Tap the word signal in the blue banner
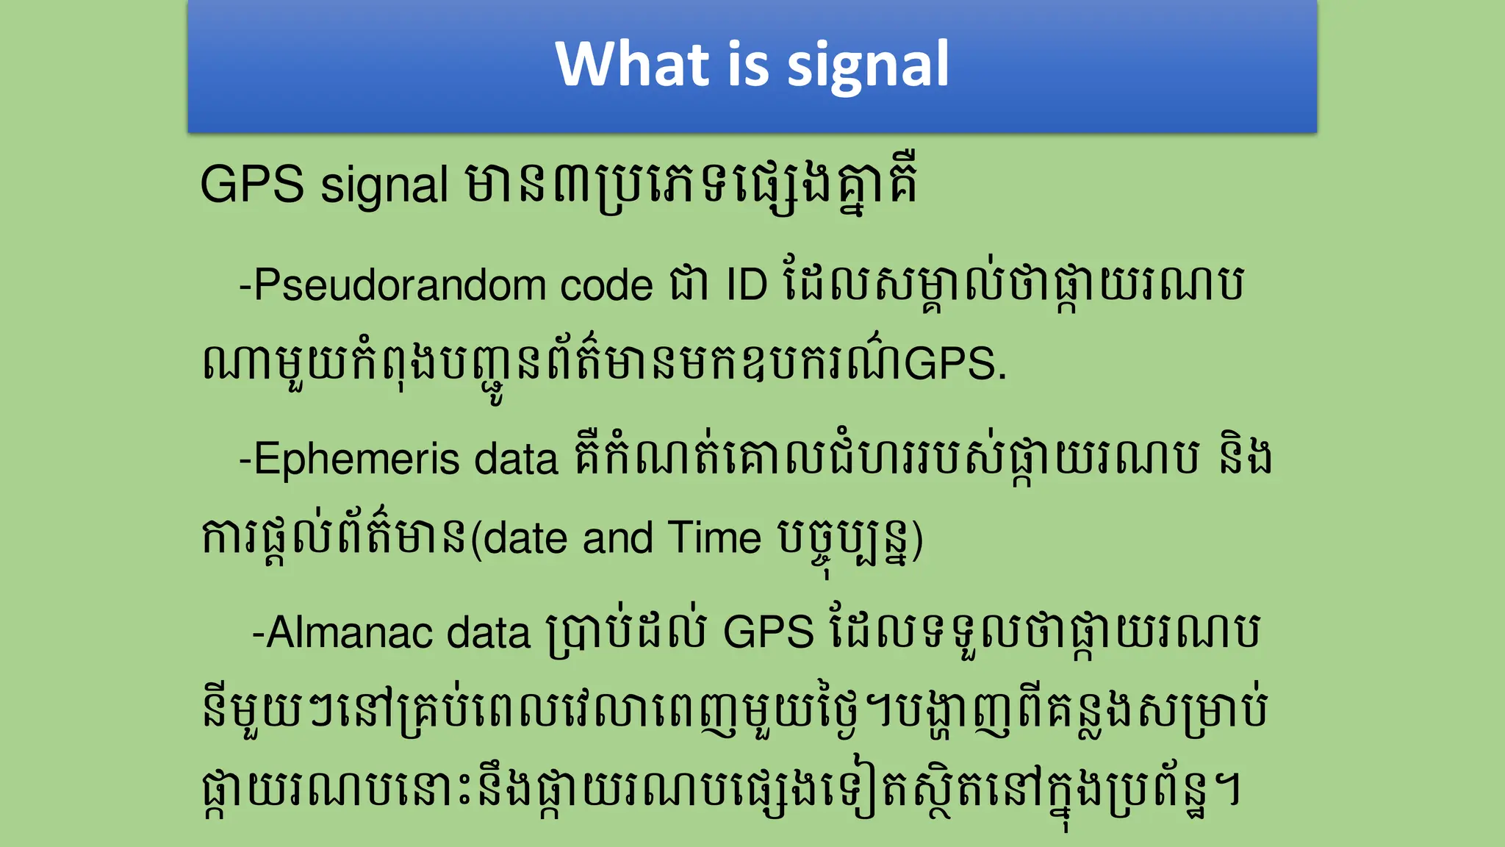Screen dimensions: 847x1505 pos(869,66)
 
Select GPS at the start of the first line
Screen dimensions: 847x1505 pos(252,185)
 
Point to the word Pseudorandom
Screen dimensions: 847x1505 pos(399,285)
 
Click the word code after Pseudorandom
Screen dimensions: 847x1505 pos(606,285)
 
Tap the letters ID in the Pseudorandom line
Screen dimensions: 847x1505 pos(747,285)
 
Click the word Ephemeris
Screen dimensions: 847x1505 pos(356,460)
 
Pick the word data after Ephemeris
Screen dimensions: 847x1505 pos(517,460)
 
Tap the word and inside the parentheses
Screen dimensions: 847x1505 pos(617,538)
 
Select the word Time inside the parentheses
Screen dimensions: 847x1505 pos(714,538)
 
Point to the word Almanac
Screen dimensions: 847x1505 pos(349,632)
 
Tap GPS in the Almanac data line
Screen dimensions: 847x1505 pos(769,632)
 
